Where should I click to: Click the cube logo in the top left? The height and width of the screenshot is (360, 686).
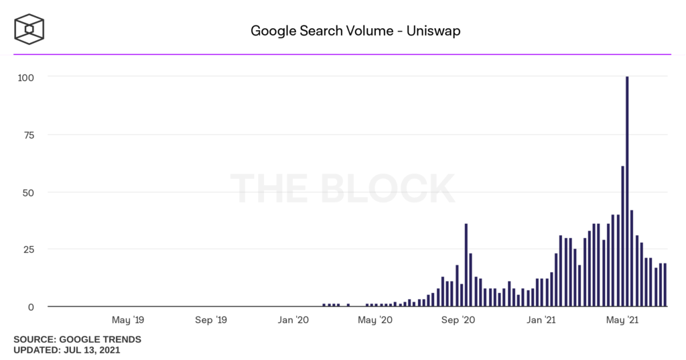(x=29, y=30)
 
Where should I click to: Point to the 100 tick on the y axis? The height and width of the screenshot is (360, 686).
(x=26, y=77)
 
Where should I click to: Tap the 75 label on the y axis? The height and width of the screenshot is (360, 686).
(x=29, y=135)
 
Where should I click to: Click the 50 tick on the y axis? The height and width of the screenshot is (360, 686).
(x=29, y=192)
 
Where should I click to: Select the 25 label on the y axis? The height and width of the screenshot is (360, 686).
(x=29, y=249)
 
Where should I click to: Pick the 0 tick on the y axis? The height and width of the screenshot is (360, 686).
(x=31, y=307)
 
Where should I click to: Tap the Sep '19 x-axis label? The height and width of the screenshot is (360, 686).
(x=210, y=320)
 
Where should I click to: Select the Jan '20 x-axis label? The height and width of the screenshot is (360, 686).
(x=293, y=320)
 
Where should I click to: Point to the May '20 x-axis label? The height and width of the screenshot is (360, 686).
(x=375, y=320)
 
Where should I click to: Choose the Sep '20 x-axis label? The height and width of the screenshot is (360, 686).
(x=459, y=320)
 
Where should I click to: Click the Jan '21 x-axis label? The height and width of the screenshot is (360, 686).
(x=541, y=320)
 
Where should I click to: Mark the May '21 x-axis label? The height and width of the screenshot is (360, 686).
(x=623, y=320)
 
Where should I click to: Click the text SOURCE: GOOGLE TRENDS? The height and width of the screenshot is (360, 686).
(x=77, y=339)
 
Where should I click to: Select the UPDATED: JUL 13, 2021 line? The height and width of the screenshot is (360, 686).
(x=67, y=350)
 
